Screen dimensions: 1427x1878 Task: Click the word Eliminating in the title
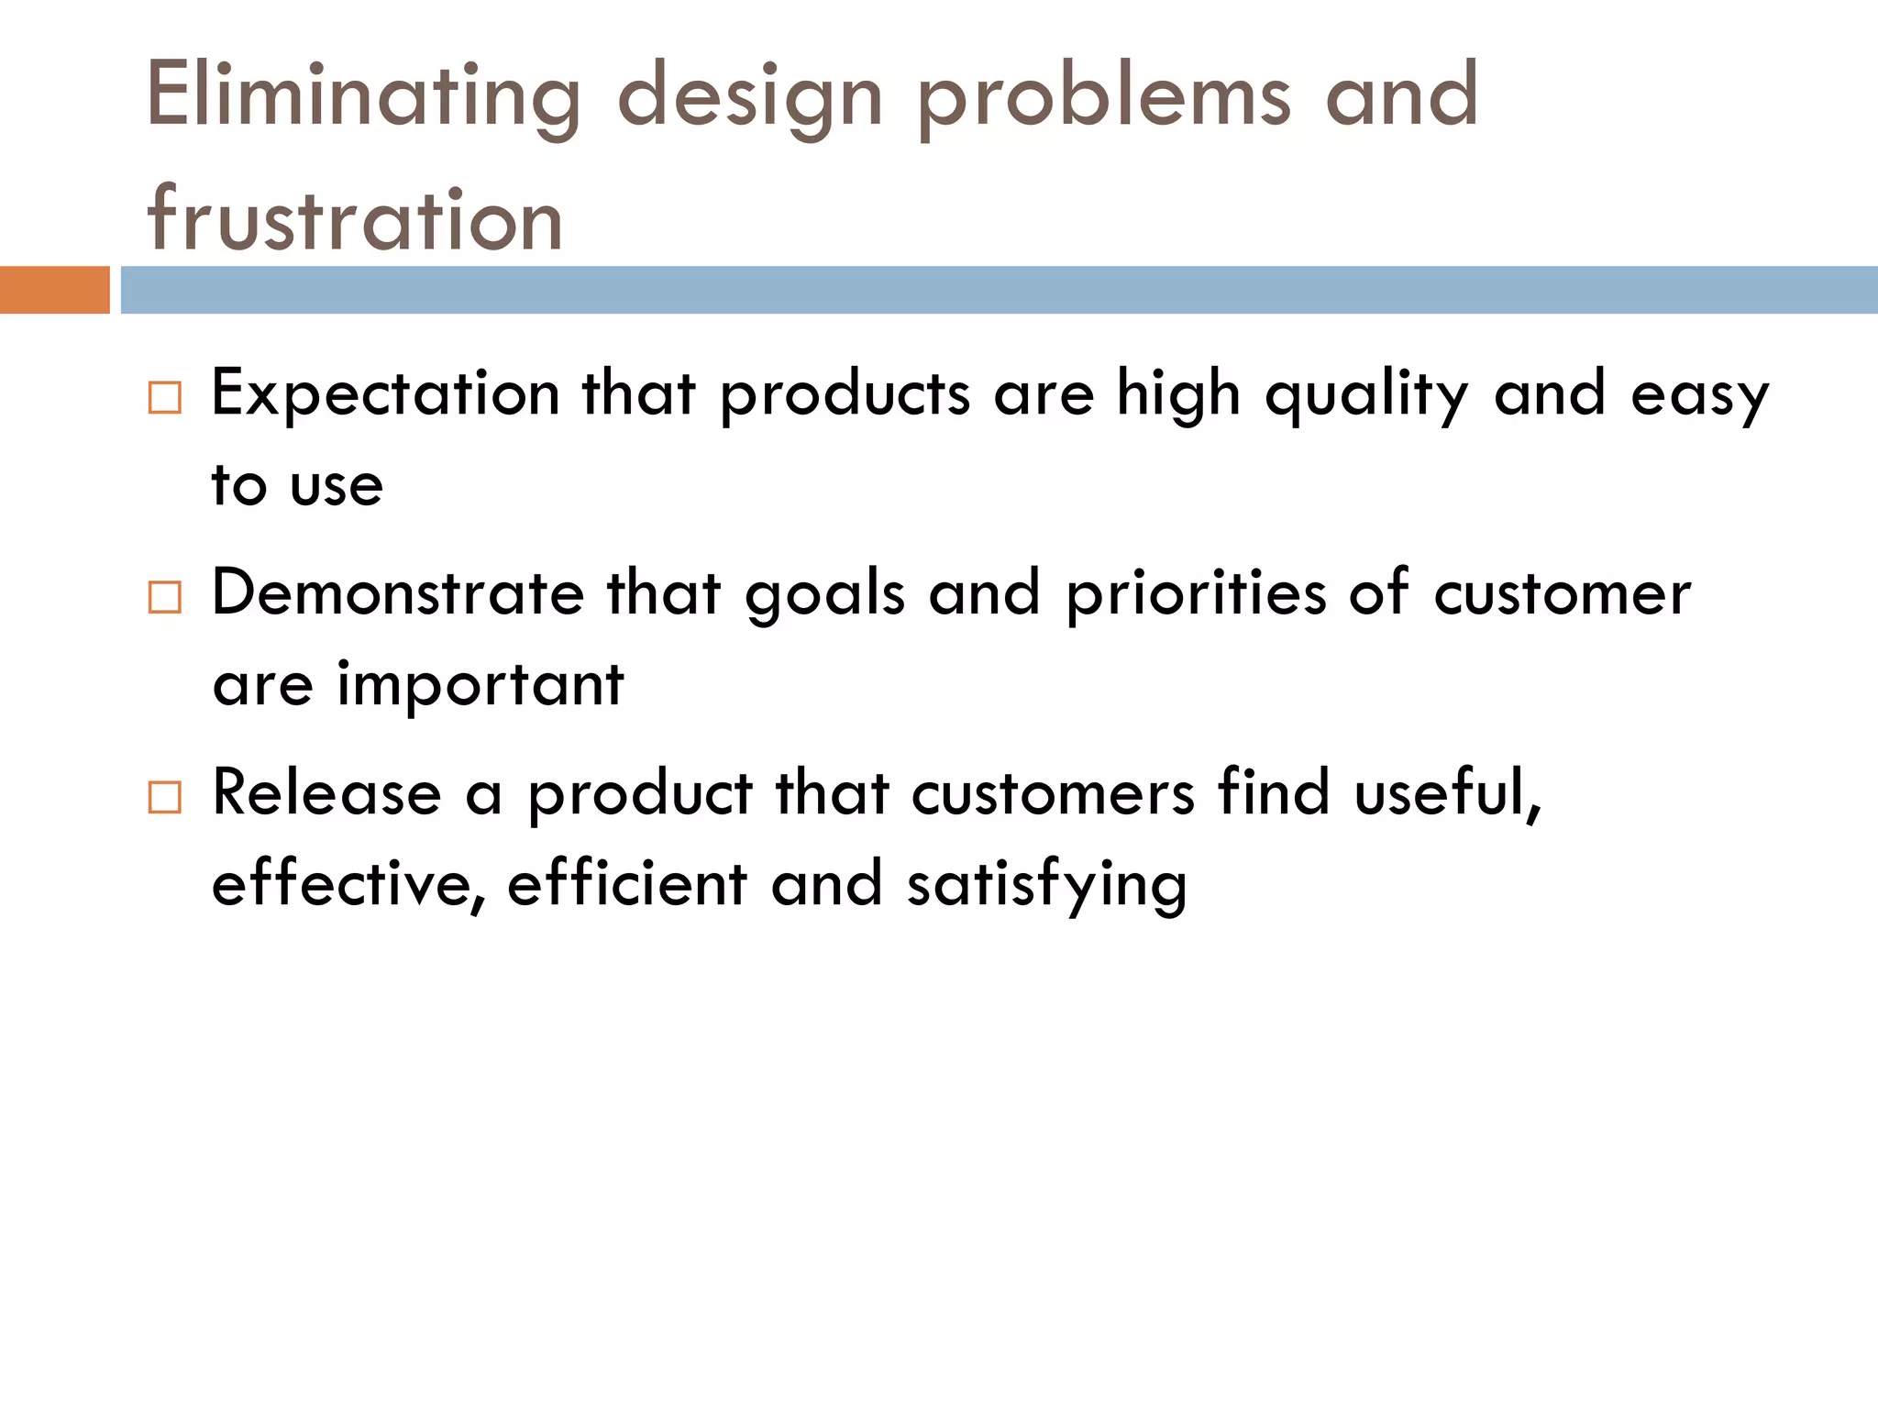coord(363,95)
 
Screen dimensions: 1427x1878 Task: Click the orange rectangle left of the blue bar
coord(54,290)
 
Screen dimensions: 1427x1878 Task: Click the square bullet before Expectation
coord(165,398)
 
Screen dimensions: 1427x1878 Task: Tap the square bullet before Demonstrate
coord(165,598)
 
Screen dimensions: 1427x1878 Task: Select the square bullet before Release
coord(165,798)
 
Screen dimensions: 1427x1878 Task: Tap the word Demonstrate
coord(397,592)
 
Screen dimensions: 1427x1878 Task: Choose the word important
coord(481,685)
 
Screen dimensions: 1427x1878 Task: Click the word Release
coord(326,792)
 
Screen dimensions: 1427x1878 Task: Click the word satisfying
coord(1046,886)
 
